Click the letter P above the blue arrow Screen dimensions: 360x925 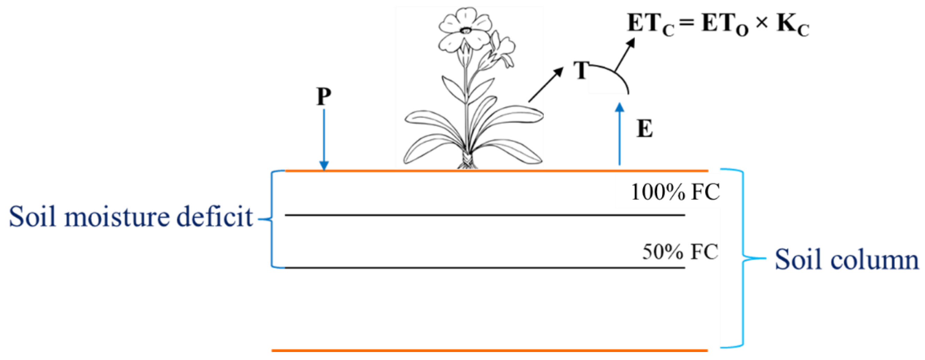(323, 97)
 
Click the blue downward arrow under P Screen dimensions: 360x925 (324, 140)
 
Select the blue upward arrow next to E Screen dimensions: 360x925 (619, 135)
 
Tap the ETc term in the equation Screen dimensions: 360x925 (650, 24)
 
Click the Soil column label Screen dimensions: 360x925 (846, 259)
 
